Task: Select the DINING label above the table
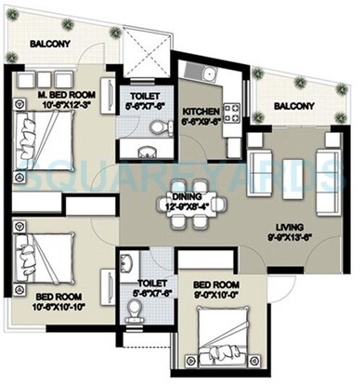[188, 196]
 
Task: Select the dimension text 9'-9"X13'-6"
[287, 238]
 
